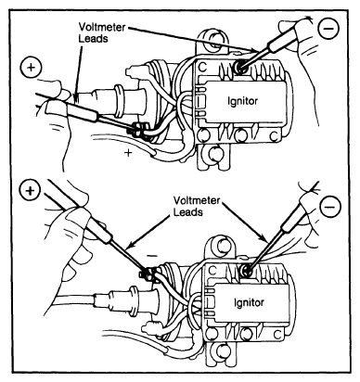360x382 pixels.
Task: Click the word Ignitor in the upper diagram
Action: pyautogui.click(x=242, y=101)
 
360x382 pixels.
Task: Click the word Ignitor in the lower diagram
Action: pyautogui.click(x=249, y=301)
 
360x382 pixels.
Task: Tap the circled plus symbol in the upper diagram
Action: pyautogui.click(x=31, y=68)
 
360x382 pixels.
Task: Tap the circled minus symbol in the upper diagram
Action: pyautogui.click(x=328, y=29)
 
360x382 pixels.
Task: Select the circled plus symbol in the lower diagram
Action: pyautogui.click(x=30, y=191)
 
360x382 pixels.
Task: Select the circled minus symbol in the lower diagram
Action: pyautogui.click(x=331, y=206)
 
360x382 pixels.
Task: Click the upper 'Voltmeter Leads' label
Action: pyautogui.click(x=101, y=32)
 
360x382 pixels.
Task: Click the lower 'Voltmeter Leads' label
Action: pyautogui.click(x=197, y=206)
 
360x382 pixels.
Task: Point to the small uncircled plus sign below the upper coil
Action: pyautogui.click(x=128, y=152)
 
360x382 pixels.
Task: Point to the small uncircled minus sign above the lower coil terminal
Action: pyautogui.click(x=152, y=256)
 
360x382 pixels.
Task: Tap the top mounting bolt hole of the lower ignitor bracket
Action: pyautogui.click(x=222, y=245)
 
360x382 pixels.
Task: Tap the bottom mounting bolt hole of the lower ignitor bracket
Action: pyautogui.click(x=223, y=351)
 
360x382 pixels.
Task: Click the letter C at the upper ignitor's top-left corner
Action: pyautogui.click(x=202, y=68)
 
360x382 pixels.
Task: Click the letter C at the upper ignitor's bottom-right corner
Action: pyautogui.click(x=274, y=135)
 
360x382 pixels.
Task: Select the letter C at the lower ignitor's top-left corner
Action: pyautogui.click(x=212, y=271)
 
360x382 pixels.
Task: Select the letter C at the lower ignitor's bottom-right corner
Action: pyautogui.click(x=278, y=335)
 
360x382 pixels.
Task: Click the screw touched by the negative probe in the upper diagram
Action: pyautogui.click(x=240, y=66)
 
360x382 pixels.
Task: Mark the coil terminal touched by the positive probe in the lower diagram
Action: pyautogui.click(x=147, y=274)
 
